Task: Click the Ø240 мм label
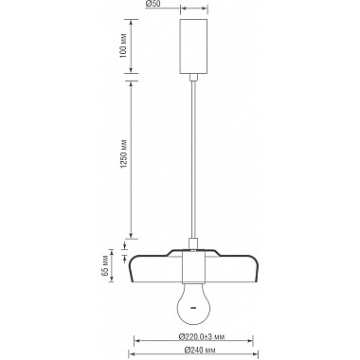point(195,351)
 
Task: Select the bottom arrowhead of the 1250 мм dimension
point(131,236)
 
